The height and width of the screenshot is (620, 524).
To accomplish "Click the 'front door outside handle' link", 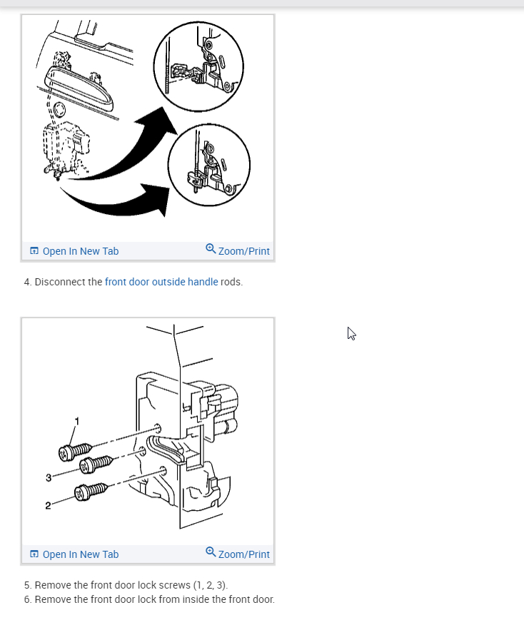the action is coord(161,282).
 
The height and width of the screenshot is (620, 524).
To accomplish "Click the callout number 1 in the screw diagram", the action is coord(77,422).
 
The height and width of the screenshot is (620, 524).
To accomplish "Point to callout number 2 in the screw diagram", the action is coord(48,506).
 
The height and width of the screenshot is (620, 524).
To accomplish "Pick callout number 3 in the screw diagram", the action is coord(49,477).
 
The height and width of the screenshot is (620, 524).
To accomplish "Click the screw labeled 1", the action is coord(75,452).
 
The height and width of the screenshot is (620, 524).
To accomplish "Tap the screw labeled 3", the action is coord(96,464).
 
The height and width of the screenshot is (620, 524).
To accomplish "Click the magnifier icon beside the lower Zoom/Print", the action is coord(211,552).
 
